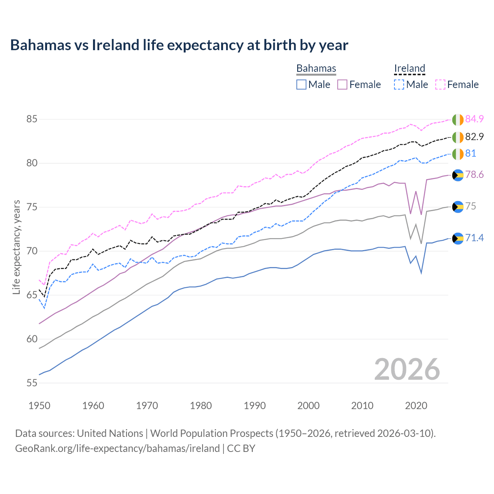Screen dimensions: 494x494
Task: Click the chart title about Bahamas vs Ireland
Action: (x=179, y=45)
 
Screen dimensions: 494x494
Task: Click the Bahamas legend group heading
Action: (x=316, y=68)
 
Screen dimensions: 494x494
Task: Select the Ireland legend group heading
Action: (x=409, y=68)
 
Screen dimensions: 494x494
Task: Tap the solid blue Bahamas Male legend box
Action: (x=301, y=85)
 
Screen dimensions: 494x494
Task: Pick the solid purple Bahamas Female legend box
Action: (x=342, y=85)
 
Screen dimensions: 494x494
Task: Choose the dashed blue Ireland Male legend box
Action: (x=399, y=85)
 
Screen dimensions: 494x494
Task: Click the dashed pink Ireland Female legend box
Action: (x=440, y=85)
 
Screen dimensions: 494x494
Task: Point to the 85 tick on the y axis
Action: (x=32, y=119)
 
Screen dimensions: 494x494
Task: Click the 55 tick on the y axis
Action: (x=32, y=383)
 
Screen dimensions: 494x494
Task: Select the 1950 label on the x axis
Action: (x=39, y=406)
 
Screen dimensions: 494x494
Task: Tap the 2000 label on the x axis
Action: (x=308, y=406)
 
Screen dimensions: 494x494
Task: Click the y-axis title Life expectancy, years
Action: (x=16, y=247)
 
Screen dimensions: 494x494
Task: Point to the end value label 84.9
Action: (x=474, y=119)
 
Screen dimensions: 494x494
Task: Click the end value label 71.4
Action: (x=474, y=238)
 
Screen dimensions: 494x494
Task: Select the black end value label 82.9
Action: (x=474, y=137)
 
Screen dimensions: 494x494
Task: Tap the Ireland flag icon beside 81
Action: (x=458, y=154)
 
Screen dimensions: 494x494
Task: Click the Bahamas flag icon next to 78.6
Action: (x=458, y=175)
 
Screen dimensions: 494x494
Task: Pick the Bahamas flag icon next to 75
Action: (x=458, y=206)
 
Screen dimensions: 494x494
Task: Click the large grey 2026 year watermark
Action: (x=407, y=369)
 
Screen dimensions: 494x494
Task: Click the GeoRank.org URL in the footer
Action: (x=117, y=448)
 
